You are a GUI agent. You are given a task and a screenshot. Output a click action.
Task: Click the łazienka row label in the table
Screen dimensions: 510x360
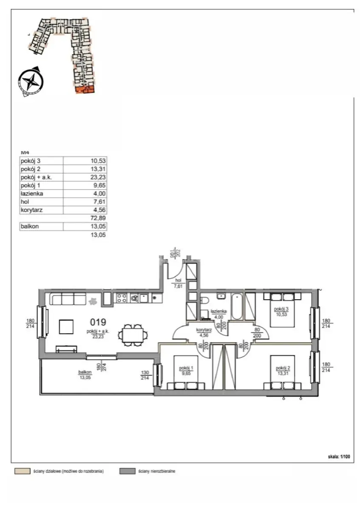coord(31,194)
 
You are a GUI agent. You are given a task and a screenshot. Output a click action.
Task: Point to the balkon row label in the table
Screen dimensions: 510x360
coord(30,227)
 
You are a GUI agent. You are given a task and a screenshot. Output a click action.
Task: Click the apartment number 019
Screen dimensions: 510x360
coord(98,322)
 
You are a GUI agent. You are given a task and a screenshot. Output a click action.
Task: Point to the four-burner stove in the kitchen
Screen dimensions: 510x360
coord(122,298)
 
